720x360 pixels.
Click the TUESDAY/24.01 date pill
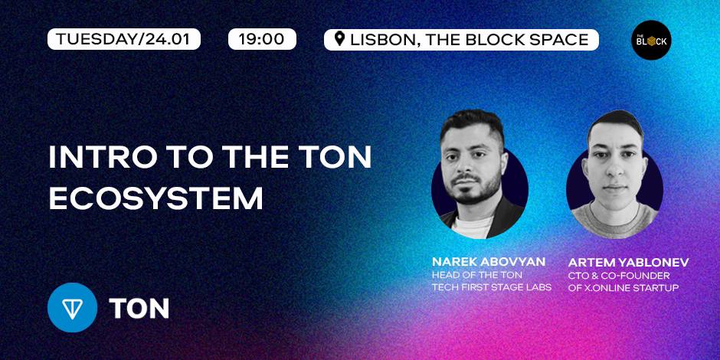click(124, 39)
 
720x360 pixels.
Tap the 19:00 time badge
click(262, 39)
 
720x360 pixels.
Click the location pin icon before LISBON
click(339, 39)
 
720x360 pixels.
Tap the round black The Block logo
click(651, 40)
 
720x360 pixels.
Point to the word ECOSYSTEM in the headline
click(155, 198)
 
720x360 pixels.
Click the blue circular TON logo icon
click(72, 307)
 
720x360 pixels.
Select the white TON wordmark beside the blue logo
click(139, 309)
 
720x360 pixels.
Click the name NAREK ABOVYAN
click(489, 262)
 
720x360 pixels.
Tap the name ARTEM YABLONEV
click(628, 263)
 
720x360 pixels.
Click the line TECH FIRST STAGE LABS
click(491, 287)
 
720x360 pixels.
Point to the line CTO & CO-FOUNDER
click(619, 276)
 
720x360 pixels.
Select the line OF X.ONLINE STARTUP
click(623, 288)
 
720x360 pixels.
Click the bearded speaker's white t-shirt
click(473, 227)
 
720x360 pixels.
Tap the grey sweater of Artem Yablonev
click(614, 221)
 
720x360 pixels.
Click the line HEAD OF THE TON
click(477, 275)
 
